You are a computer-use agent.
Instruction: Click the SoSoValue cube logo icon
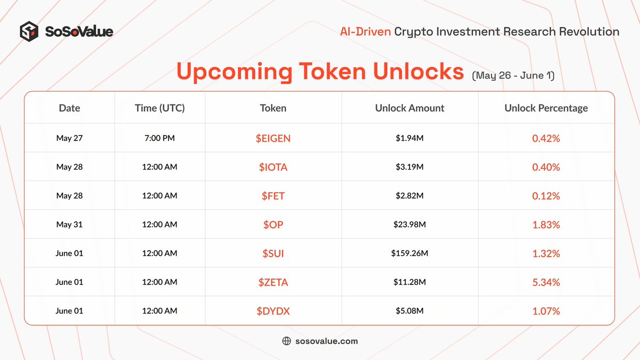[30, 31]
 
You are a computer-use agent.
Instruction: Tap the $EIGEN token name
[273, 139]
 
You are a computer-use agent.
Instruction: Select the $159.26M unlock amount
[410, 253]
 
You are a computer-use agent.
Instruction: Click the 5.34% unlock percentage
[546, 282]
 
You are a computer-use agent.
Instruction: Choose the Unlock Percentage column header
[546, 108]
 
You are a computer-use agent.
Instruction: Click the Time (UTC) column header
[159, 108]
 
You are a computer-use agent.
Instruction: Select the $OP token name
[273, 225]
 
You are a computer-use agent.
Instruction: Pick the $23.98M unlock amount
[410, 225]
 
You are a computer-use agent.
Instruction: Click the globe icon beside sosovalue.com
[286, 341]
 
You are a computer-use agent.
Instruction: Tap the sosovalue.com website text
[326, 341]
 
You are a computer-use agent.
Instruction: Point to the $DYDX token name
[273, 311]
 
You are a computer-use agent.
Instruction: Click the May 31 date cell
[69, 225]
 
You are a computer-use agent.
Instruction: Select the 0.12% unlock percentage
[546, 196]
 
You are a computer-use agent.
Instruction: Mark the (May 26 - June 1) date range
[513, 76]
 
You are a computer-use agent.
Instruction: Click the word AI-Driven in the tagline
[365, 31]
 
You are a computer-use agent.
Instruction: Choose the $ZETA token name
[273, 282]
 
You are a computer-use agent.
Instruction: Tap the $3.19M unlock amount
[410, 167]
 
